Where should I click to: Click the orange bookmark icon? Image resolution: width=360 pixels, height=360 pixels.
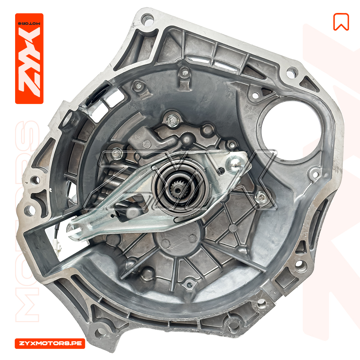341,22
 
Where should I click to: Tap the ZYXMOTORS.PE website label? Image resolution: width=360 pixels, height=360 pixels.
50,343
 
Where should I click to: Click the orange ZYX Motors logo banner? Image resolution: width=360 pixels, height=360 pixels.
29,59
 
